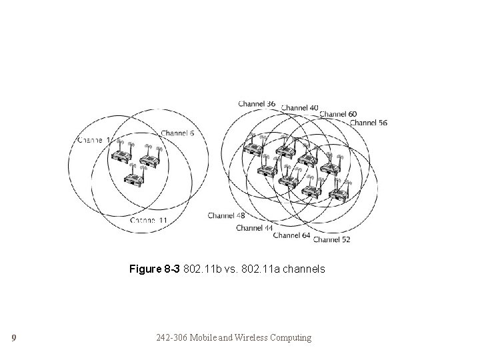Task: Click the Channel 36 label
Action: pos(257,103)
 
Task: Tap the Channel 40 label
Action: pos(300,107)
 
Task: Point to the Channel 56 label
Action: pos(369,123)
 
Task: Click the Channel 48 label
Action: pos(226,215)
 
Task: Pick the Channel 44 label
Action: pos(254,228)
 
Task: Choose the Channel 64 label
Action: pos(291,235)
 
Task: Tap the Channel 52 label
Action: pos(331,239)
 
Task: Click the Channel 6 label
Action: pos(177,133)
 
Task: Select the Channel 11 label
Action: pos(149,220)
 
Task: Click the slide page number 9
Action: pos(13,338)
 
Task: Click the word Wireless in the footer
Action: pos(248,338)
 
